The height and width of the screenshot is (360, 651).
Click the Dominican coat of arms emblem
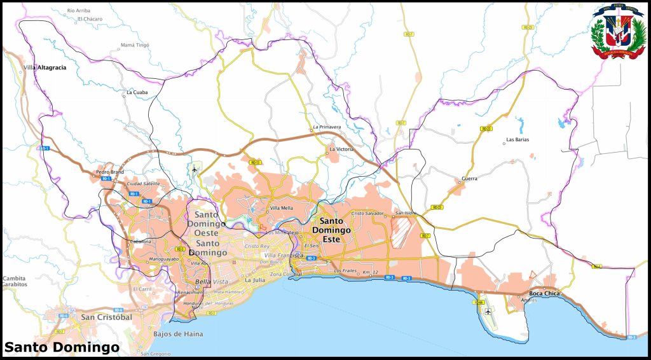617,32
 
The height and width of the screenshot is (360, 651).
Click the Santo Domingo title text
62,347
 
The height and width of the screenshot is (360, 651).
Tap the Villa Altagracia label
45,67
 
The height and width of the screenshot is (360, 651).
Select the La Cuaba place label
137,92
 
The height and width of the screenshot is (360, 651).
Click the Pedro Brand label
109,172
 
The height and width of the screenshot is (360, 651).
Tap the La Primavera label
327,127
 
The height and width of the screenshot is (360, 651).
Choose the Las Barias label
517,139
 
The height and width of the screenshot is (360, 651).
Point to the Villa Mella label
282,208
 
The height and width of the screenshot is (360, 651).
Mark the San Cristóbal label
106,317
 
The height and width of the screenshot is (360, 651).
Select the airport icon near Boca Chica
488,312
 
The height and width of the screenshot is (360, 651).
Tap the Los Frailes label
345,271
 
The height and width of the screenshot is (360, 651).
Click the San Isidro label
405,213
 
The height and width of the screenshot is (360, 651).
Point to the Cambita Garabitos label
15,281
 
